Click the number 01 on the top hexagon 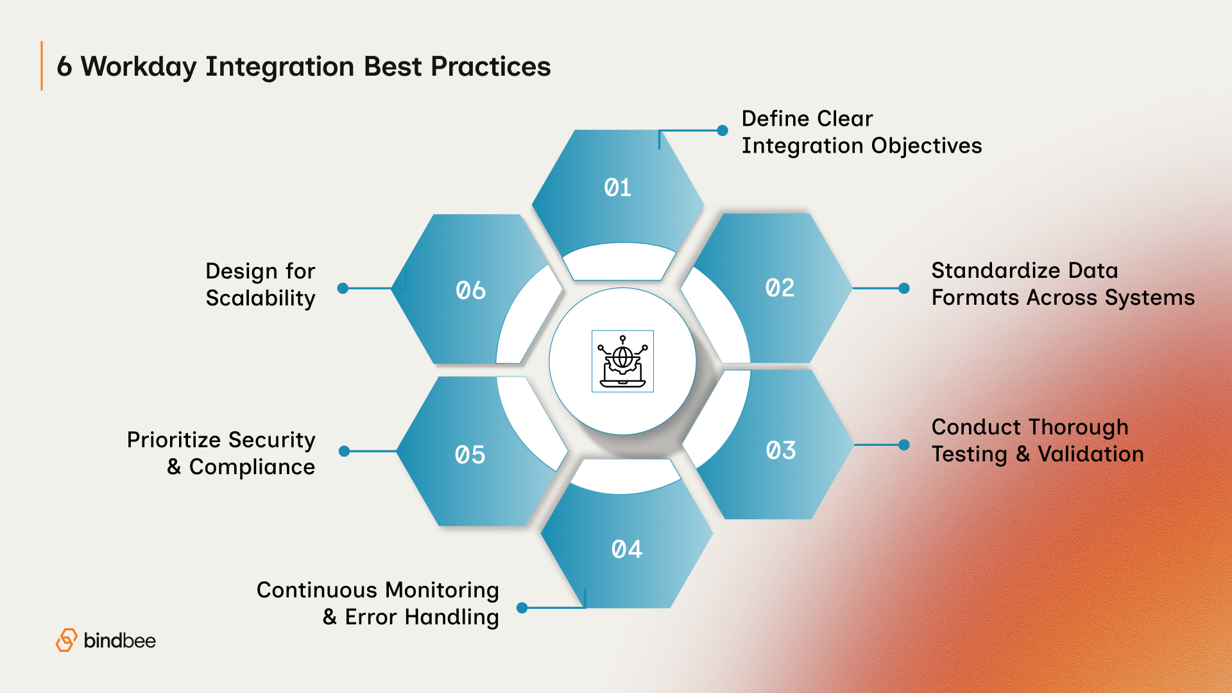[617, 188]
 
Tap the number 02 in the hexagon [780, 288]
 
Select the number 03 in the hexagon [780, 450]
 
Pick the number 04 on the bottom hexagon [626, 549]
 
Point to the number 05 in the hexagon [470, 455]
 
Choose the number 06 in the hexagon [470, 291]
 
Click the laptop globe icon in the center [622, 361]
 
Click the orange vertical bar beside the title [42, 65]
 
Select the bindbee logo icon [66, 640]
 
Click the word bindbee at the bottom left [119, 640]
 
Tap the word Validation [1090, 454]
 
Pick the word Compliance [252, 467]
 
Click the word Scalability [260, 298]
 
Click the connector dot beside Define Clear [723, 131]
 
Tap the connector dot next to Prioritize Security [344, 451]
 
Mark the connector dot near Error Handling [522, 608]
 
